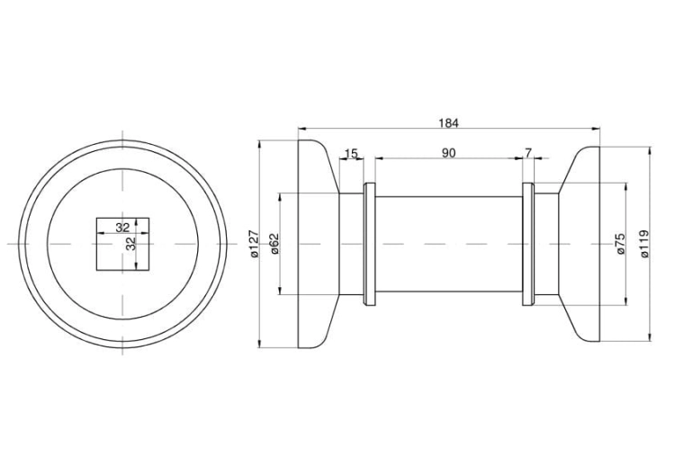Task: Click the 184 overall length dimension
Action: pyautogui.click(x=448, y=123)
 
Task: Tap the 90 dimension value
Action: pyautogui.click(x=448, y=153)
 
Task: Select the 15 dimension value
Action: pyautogui.click(x=351, y=153)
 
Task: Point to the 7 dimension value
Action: pyautogui.click(x=528, y=153)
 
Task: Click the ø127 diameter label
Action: pyautogui.click(x=255, y=244)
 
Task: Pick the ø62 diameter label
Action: pyautogui.click(x=275, y=244)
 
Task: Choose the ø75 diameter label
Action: pyautogui.click(x=621, y=244)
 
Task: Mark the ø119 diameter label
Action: pyautogui.click(x=644, y=244)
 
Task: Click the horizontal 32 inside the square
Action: pyautogui.click(x=122, y=228)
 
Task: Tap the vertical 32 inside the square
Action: pyautogui.click(x=130, y=244)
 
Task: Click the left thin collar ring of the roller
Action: pyautogui.click(x=369, y=244)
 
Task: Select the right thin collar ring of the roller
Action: pyautogui.click(x=528, y=244)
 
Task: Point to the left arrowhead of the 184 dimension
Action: pyautogui.click(x=301, y=129)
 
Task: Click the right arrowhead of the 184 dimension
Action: pyautogui.click(x=596, y=129)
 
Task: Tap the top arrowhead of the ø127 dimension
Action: pyautogui.click(x=259, y=144)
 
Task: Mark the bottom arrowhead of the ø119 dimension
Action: pyautogui.click(x=650, y=337)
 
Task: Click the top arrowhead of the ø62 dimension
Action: pyautogui.click(x=280, y=197)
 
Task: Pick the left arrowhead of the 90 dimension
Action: pyautogui.click(x=379, y=158)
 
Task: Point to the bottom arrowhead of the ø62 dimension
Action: pyautogui.click(x=280, y=291)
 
